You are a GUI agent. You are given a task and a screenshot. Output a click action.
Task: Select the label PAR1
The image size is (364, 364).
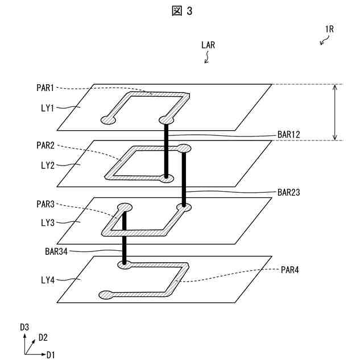click(x=45, y=88)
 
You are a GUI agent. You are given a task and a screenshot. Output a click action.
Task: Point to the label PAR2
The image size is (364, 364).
click(x=45, y=146)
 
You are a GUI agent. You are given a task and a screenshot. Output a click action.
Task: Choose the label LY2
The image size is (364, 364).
click(x=48, y=165)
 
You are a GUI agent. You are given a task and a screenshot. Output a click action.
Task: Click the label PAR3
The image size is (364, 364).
click(x=45, y=204)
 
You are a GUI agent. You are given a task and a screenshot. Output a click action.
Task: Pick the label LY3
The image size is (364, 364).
click(x=48, y=222)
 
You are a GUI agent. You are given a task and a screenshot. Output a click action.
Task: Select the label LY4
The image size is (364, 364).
click(x=48, y=279)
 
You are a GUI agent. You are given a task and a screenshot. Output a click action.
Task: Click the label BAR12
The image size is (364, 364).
click(x=288, y=135)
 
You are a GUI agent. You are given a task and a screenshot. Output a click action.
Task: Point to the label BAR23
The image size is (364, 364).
click(x=288, y=192)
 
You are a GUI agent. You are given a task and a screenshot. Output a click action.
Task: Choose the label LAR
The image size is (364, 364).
click(x=208, y=44)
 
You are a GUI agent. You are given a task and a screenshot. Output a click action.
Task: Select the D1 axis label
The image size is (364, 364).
click(x=51, y=355)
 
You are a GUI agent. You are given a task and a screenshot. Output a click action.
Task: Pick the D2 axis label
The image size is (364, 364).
click(x=43, y=338)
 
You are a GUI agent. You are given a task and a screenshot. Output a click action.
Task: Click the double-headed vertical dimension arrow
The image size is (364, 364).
click(x=334, y=112)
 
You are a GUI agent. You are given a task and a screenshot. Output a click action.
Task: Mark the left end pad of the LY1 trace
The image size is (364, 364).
click(x=107, y=120)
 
